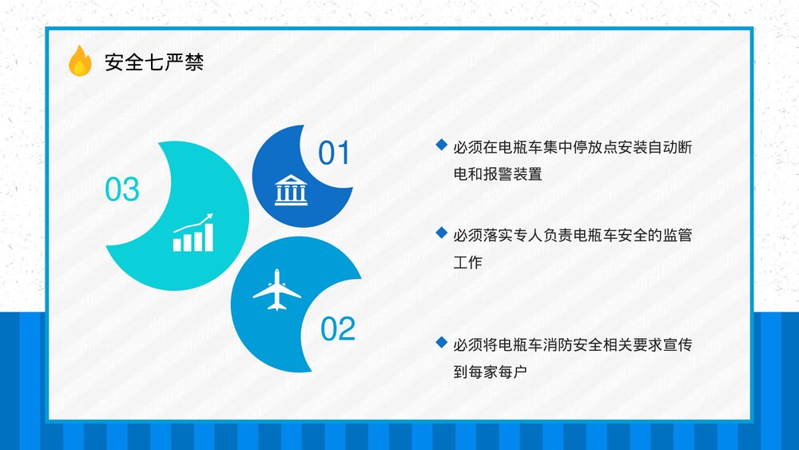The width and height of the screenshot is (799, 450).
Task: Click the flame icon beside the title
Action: (80, 61)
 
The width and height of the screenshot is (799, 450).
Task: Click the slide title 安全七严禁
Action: (154, 62)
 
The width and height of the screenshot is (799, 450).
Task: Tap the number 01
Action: (334, 153)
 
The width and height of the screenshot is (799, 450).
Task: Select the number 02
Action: (337, 329)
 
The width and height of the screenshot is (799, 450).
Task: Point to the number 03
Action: (121, 189)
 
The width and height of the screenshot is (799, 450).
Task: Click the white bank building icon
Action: (291, 190)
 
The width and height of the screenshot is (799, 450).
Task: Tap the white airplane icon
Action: (276, 290)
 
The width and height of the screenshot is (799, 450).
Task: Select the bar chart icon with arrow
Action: (193, 233)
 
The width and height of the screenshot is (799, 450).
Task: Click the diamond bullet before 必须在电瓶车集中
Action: (441, 145)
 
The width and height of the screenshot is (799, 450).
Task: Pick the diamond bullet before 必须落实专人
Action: (441, 233)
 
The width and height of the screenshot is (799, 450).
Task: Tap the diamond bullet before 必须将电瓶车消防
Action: (441, 342)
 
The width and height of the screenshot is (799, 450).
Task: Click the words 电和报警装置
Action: (498, 174)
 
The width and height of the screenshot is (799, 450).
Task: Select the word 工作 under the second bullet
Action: (467, 262)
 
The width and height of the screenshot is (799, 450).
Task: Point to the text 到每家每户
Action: (491, 372)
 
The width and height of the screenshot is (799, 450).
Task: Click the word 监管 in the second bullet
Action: (678, 235)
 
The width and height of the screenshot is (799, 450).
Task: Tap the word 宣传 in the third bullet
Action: (678, 344)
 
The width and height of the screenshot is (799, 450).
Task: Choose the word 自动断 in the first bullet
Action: (670, 147)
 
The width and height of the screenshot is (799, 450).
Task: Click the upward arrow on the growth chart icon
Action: (193, 225)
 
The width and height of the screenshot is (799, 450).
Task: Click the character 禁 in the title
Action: (194, 62)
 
